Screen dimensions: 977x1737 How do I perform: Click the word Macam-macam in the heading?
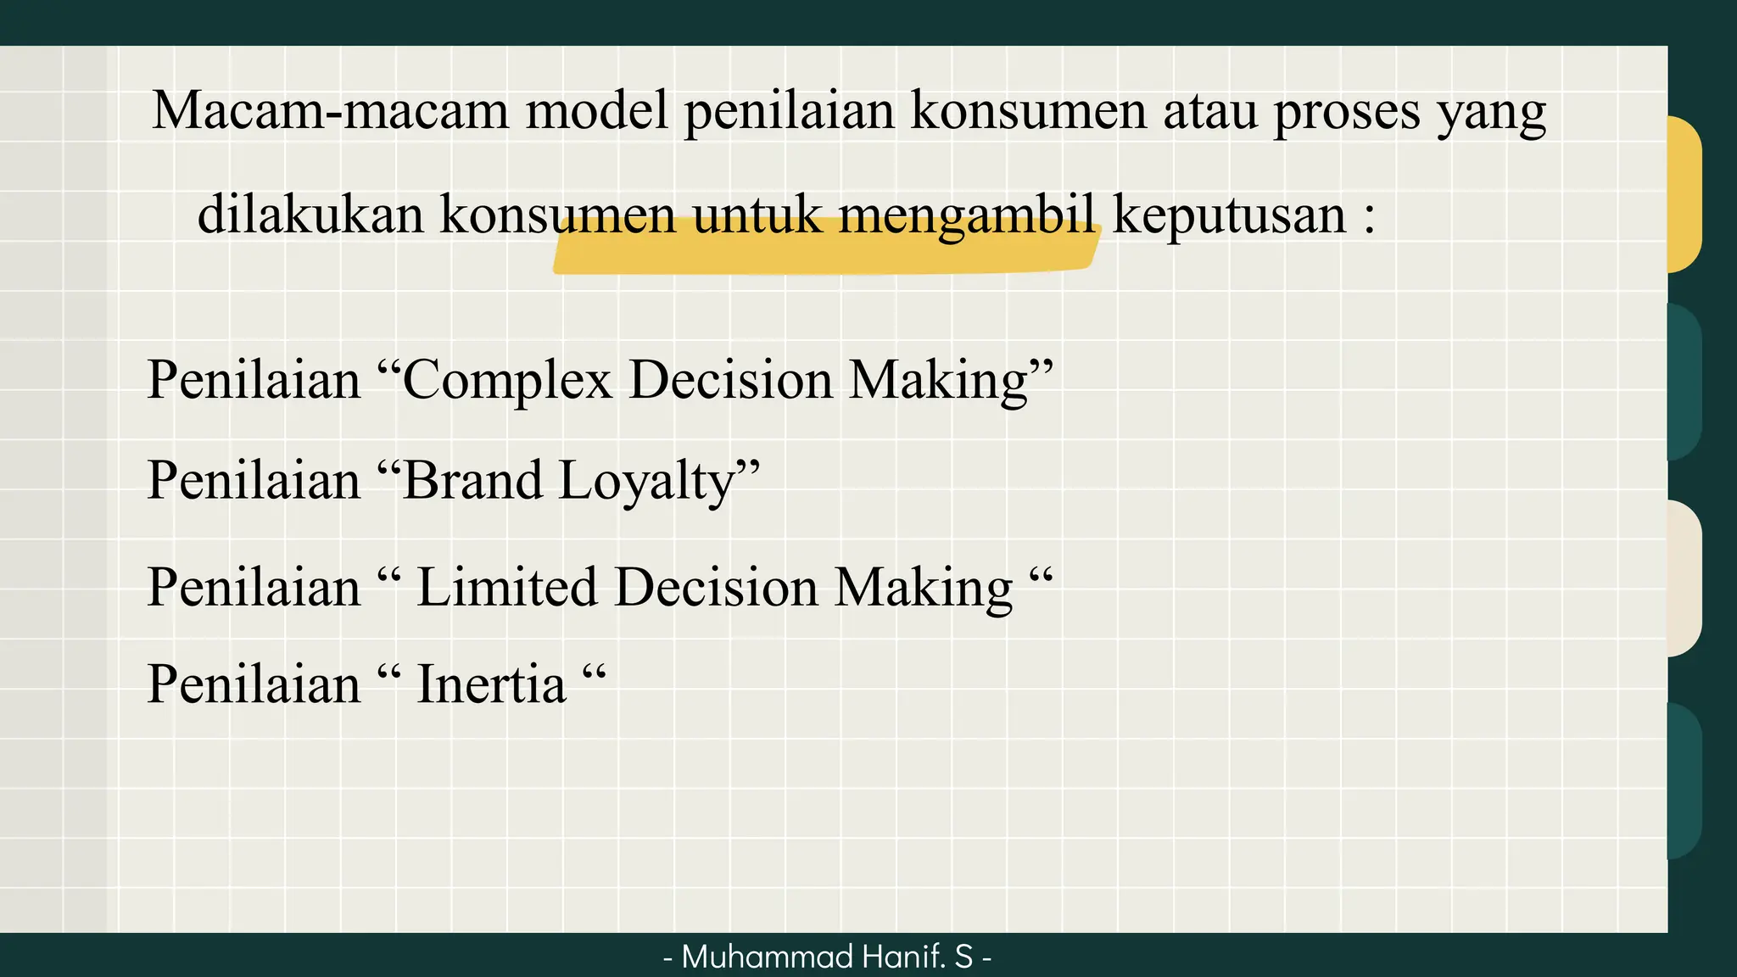[x=330, y=111]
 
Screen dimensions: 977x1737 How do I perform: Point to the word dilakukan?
[x=310, y=215]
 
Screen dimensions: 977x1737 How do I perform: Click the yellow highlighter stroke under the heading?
[x=823, y=254]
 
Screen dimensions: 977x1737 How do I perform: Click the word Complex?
[x=506, y=380]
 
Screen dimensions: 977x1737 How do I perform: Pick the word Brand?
[x=472, y=481]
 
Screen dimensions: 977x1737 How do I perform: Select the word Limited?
[x=506, y=587]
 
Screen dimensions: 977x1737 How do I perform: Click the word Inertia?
[x=491, y=684]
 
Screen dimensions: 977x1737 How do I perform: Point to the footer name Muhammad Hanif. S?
[x=827, y=957]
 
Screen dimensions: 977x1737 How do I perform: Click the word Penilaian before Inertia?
[x=254, y=684]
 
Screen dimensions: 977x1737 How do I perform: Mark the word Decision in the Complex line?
[x=730, y=380]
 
